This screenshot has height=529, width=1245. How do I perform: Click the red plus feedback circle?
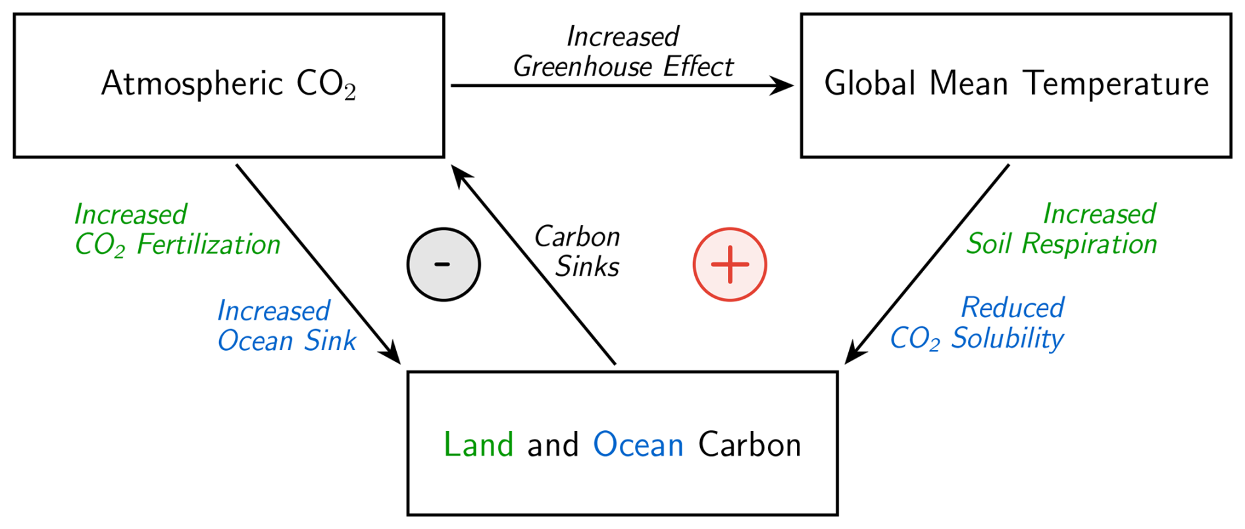(730, 264)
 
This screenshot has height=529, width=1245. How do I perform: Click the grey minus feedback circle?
(444, 264)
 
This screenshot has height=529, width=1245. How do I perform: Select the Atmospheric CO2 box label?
(228, 84)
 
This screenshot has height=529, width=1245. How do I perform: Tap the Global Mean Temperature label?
(1016, 84)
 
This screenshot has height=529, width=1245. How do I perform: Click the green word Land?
(478, 445)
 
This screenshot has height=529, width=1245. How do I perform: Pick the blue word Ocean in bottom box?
(638, 445)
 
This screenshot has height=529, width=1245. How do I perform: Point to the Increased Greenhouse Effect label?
(622, 51)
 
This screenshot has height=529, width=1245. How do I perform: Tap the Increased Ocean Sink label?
(286, 326)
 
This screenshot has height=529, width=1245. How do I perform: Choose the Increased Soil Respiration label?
(1062, 229)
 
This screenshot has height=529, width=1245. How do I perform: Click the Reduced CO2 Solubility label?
(978, 323)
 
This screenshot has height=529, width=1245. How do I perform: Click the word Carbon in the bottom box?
(750, 445)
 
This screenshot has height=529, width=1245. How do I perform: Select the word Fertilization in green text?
(209, 245)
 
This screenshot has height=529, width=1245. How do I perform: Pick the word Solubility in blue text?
(1007, 338)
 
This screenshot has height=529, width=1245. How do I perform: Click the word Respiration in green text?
(1089, 244)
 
